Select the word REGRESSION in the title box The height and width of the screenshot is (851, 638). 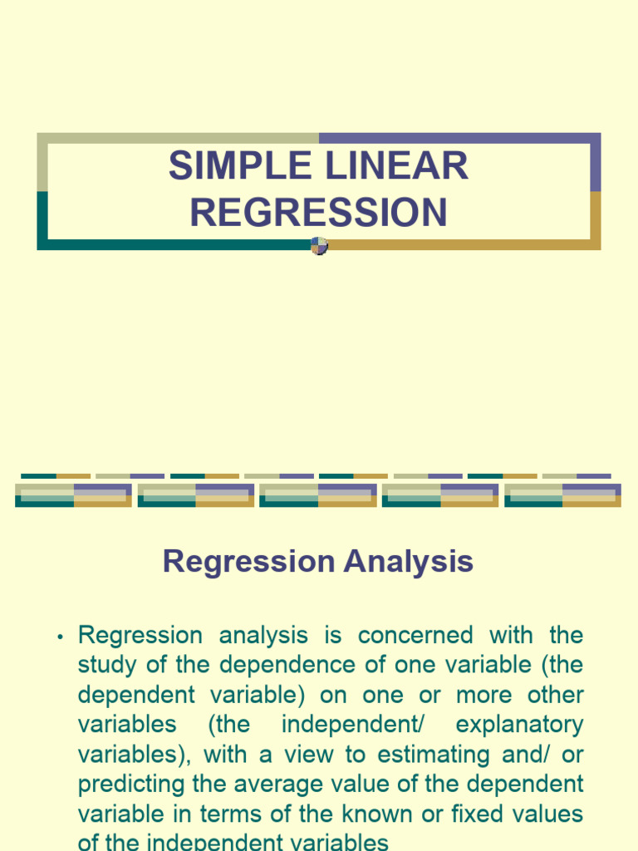[318, 213]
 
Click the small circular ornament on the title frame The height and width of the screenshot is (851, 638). [319, 245]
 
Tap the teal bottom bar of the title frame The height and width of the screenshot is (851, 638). [174, 244]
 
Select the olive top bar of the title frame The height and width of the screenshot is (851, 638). [178, 138]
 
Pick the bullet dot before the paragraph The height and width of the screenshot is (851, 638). [60, 637]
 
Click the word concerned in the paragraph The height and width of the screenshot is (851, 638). [415, 636]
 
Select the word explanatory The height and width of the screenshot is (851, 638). [519, 726]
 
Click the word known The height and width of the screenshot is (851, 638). [386, 815]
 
